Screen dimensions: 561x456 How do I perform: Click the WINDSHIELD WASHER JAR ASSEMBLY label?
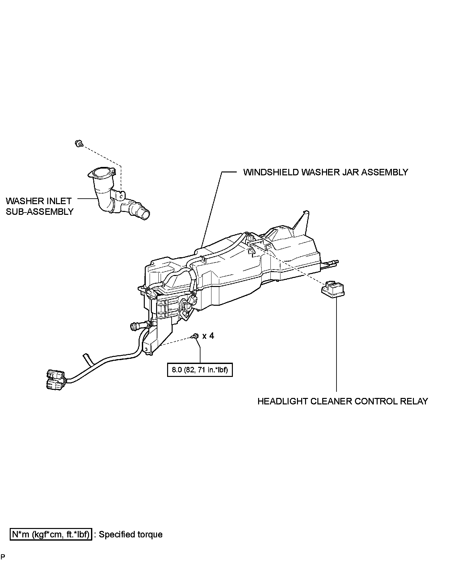pos(325,172)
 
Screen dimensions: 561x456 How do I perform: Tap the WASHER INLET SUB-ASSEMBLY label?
pos(39,206)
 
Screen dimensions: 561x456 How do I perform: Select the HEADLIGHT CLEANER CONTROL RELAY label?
pos(343,401)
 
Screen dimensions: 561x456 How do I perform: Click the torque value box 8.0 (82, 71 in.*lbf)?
pos(200,369)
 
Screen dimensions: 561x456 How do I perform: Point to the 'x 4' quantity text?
pos(208,336)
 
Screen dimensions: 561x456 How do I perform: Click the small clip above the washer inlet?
pos(78,143)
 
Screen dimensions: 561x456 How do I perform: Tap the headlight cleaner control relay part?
pos(333,288)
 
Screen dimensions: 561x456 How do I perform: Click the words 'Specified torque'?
pos(131,534)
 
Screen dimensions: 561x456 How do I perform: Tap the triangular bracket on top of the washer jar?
pos(302,223)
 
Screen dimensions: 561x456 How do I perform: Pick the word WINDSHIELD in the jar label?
pos(271,172)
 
